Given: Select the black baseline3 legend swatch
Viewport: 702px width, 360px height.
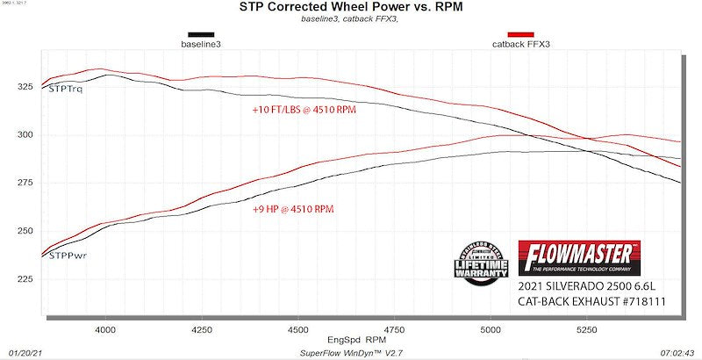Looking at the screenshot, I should click(x=200, y=34).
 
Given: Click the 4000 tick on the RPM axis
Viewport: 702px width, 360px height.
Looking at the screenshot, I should click(x=105, y=329).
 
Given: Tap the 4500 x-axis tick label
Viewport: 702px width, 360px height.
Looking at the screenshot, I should click(x=297, y=329).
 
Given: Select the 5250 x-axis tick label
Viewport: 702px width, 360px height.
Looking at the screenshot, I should click(x=586, y=329).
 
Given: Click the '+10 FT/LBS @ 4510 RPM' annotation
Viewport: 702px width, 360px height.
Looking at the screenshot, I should click(x=304, y=111).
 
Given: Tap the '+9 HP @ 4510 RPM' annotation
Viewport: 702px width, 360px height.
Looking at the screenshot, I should click(x=292, y=210).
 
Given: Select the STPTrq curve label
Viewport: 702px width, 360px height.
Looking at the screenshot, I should click(x=67, y=90).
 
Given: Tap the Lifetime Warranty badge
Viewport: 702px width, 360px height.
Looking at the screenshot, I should click(x=482, y=259).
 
